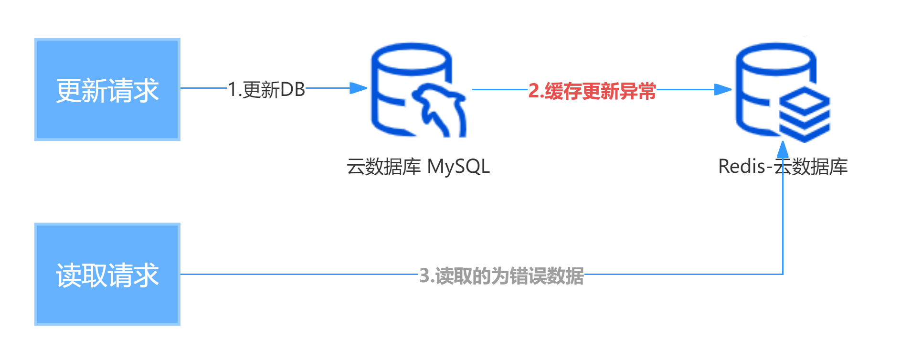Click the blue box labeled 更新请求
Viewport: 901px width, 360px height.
pyautogui.click(x=107, y=90)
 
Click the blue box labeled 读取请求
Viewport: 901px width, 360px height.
pyautogui.click(x=107, y=275)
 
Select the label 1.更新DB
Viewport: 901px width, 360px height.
pyautogui.click(x=266, y=89)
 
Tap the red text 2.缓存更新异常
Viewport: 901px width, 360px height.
pyautogui.click(x=592, y=91)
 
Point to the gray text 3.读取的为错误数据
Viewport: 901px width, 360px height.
pyautogui.click(x=501, y=275)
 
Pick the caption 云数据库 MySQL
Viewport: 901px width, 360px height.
pyautogui.click(x=418, y=167)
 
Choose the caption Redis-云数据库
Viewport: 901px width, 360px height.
pyautogui.click(x=783, y=167)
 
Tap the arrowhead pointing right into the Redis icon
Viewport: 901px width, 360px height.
pyautogui.click(x=723, y=89)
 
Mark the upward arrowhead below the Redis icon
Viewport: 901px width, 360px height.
pyautogui.click(x=783, y=150)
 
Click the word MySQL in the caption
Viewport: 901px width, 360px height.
pyautogui.click(x=458, y=167)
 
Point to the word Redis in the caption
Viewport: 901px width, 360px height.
pyautogui.click(x=742, y=167)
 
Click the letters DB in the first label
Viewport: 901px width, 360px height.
pyautogui.click(x=292, y=89)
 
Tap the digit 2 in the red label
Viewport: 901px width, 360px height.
pyautogui.click(x=533, y=91)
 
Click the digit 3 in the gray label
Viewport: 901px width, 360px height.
pyautogui.click(x=424, y=275)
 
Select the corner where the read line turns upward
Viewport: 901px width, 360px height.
pyautogui.click(x=783, y=274)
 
